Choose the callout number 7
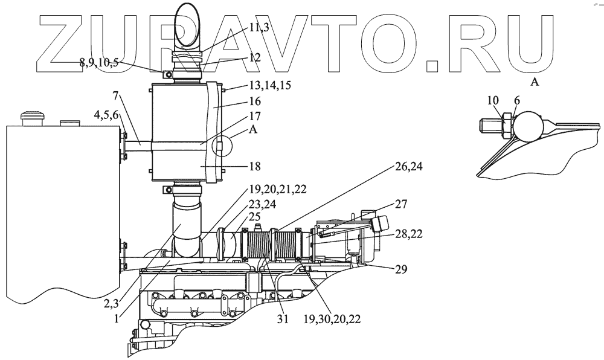coord(115,95)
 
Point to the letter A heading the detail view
coord(534,83)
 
